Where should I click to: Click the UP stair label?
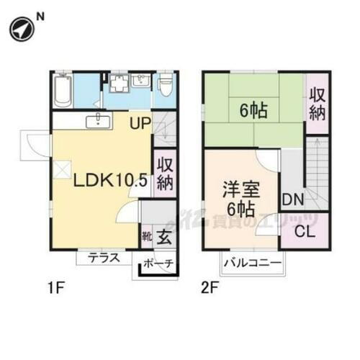coord(140,123)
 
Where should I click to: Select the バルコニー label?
coord(252,264)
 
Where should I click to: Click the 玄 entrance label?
coord(164,235)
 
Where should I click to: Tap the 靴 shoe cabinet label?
coord(146,235)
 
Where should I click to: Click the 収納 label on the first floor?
coord(163,174)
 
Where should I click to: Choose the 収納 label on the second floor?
coord(317,104)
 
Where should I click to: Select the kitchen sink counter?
coord(98,122)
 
